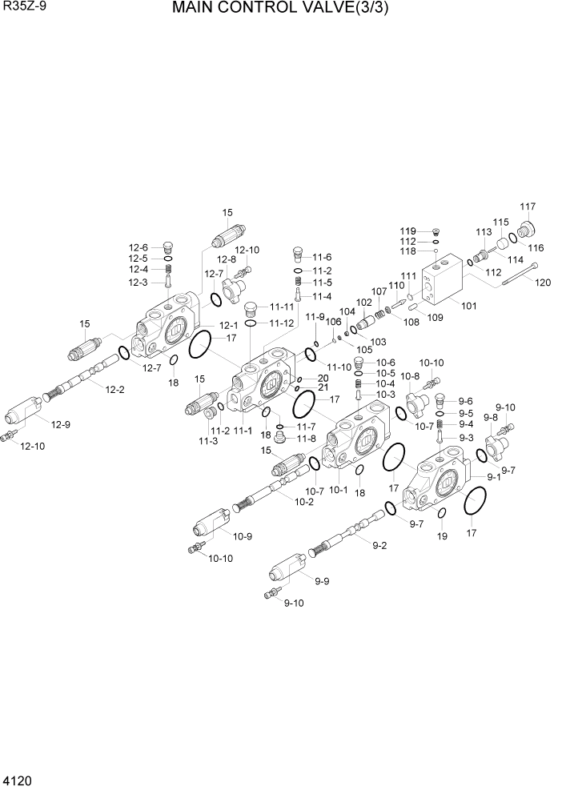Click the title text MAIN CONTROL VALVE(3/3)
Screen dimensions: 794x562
285,10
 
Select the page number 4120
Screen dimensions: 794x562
17,779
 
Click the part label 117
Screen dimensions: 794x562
528,207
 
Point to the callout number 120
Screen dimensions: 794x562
543,282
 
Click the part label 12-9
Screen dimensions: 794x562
61,424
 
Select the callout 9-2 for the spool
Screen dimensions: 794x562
379,546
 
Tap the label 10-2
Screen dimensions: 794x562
303,502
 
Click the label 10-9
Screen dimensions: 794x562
243,535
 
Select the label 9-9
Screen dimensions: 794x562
322,581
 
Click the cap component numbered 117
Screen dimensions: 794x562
526,230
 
